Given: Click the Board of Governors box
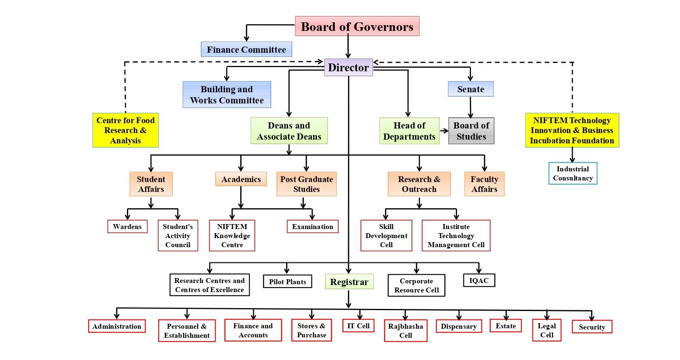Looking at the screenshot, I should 357,26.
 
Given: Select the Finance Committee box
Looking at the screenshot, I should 246,50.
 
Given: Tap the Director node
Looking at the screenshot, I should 348,68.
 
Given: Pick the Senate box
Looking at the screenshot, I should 471,89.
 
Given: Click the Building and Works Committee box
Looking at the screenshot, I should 227,95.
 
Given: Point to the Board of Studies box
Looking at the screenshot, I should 471,131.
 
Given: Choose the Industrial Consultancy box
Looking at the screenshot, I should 572,173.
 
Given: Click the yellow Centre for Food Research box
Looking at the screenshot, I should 125,130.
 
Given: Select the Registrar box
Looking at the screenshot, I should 349,282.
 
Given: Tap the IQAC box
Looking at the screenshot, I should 479,281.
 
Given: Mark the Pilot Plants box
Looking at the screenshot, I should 287,282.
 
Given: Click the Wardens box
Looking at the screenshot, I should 127,227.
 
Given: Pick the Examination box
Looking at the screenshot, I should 312,227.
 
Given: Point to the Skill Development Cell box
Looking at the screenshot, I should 386,236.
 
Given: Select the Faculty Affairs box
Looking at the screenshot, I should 484,184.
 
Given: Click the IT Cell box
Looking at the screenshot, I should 358,326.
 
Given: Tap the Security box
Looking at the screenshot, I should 592,327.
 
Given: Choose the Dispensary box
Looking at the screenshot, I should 459,326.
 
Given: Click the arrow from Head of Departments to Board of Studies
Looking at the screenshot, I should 444,131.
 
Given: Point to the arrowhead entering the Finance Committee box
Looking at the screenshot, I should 246,39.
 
